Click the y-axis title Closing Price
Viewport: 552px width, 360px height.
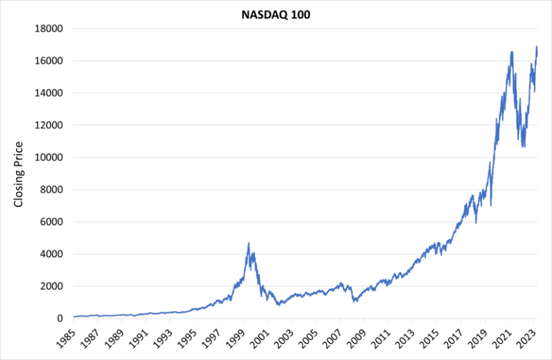[19, 173]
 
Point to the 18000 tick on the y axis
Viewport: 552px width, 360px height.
[50, 29]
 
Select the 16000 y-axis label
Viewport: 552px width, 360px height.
[50, 61]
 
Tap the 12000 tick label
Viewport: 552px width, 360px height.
[50, 125]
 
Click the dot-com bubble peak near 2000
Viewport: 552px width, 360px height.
[249, 243]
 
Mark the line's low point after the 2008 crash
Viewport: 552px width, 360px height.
[354, 301]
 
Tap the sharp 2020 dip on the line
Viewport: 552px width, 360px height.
[492, 206]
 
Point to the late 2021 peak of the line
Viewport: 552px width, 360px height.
[511, 52]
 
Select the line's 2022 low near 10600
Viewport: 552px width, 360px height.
[523, 147]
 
